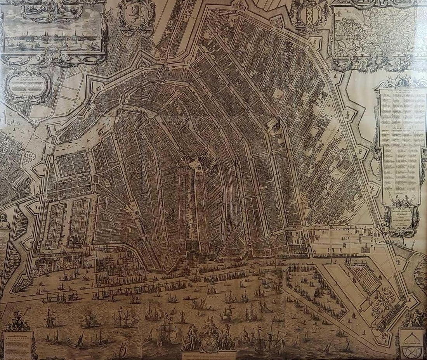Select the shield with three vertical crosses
coord(309,16)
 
